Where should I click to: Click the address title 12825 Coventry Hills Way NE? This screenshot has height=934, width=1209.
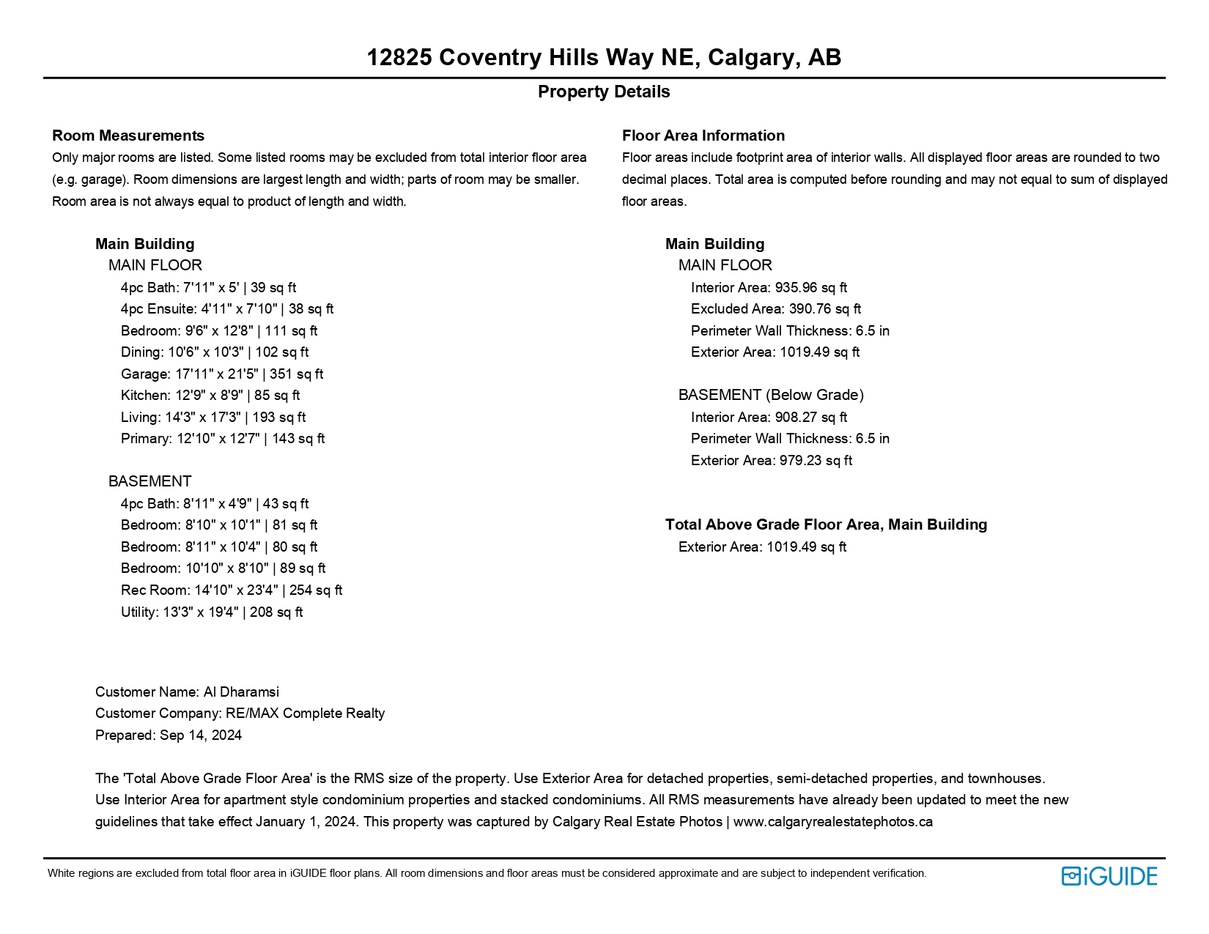pos(604,57)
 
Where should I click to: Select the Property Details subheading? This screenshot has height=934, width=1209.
pos(604,92)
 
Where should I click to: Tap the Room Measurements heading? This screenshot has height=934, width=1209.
pos(128,136)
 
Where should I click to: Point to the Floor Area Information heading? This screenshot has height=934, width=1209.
pos(703,136)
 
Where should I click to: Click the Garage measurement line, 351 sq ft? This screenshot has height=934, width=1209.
pos(222,374)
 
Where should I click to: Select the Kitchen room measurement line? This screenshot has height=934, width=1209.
pos(210,396)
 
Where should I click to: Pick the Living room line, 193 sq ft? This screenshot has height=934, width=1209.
pos(213,417)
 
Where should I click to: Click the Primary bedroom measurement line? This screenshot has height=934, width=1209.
pos(223,439)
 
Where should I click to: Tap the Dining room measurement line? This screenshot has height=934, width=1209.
pos(215,352)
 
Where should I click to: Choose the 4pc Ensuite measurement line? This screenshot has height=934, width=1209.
pos(227,309)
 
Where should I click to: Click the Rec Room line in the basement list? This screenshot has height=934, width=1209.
pos(232,590)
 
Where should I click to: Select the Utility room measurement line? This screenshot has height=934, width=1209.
pos(212,612)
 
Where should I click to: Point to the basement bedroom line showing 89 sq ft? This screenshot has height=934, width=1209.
pos(223,568)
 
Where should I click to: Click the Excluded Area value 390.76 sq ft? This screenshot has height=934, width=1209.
pos(776,309)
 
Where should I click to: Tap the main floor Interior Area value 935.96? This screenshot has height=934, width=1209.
pos(769,288)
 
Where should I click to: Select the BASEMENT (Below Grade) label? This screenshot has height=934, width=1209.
pos(771,396)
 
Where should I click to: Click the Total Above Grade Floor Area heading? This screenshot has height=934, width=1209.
pos(826,525)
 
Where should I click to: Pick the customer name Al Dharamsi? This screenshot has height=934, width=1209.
pos(187,692)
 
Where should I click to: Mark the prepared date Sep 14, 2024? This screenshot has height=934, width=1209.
pos(169,735)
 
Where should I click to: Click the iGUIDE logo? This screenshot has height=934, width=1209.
pos(1109,876)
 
